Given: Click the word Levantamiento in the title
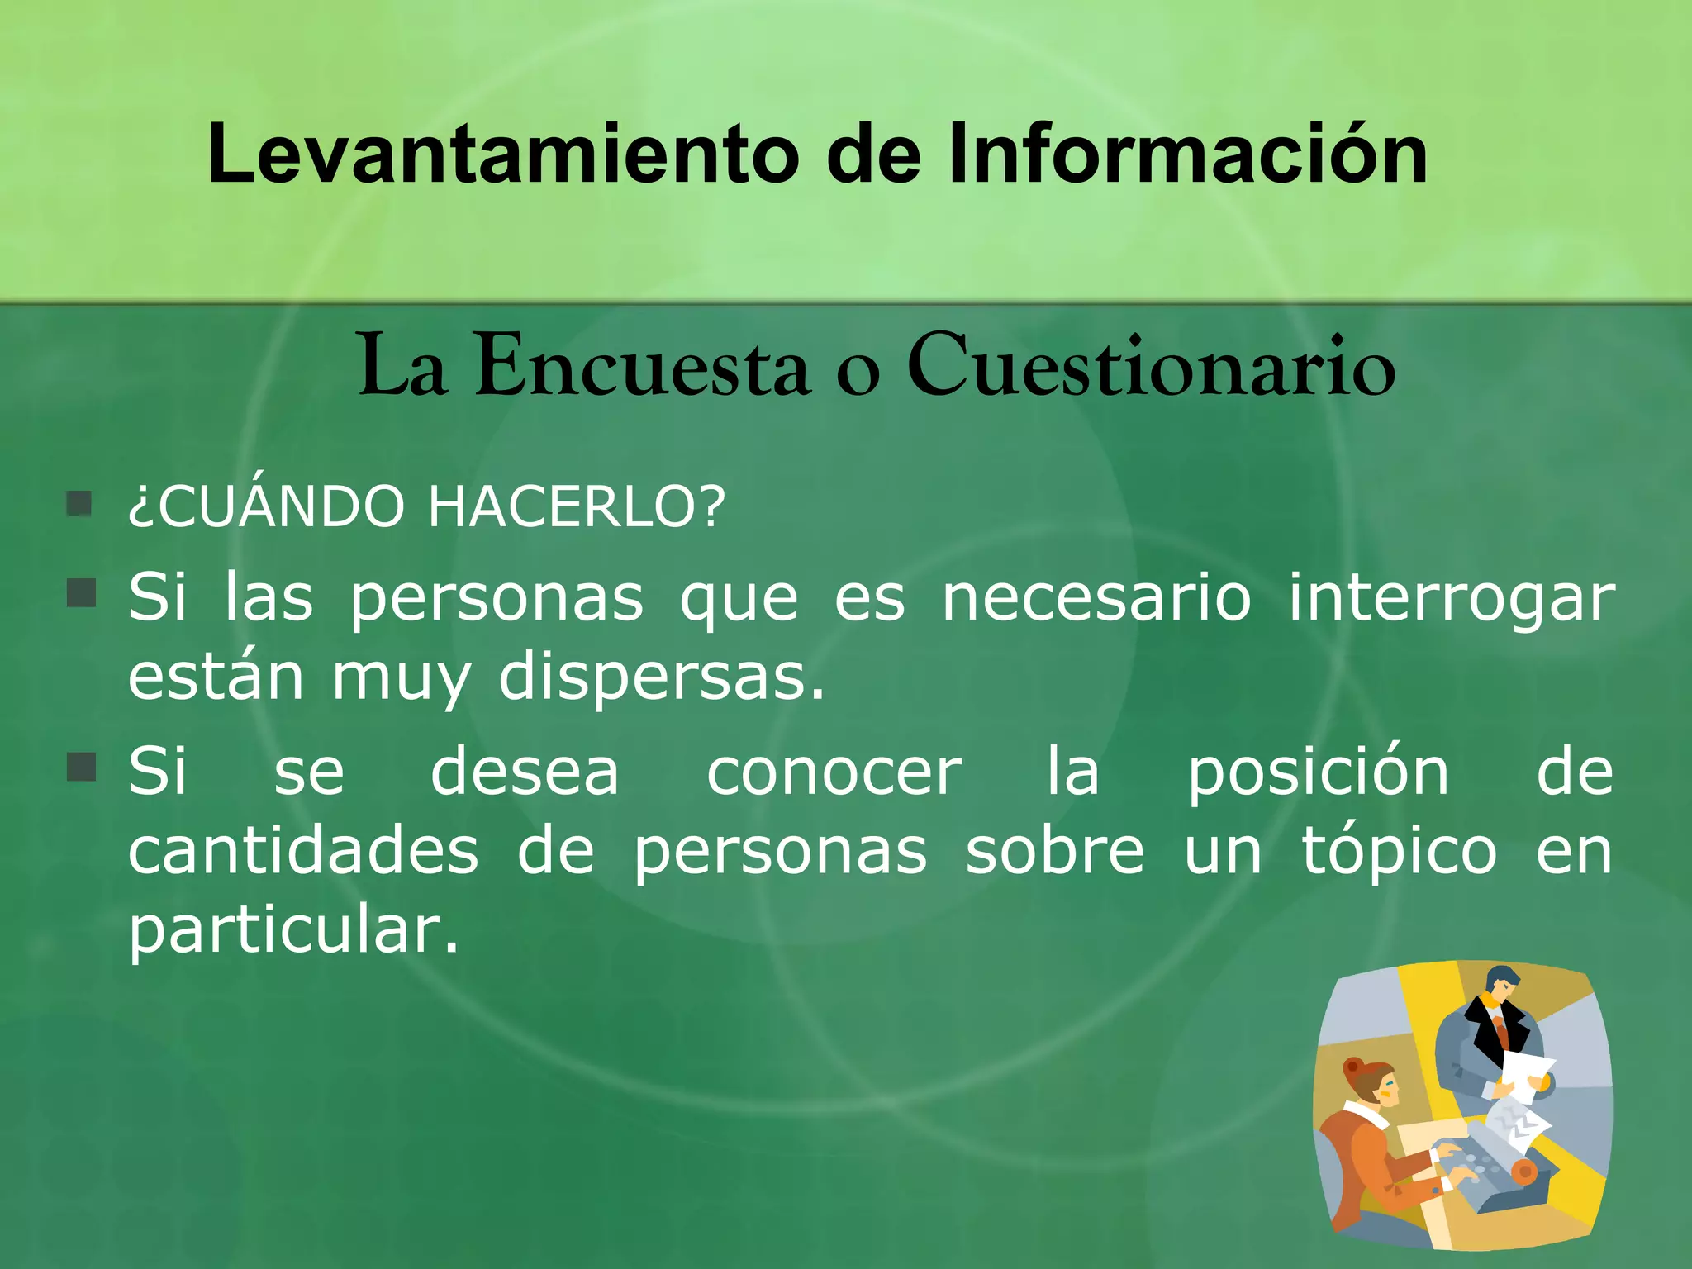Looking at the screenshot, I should click(x=502, y=154).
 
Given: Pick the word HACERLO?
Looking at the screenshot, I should click(x=577, y=506).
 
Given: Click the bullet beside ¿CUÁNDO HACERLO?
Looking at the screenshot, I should click(x=79, y=503).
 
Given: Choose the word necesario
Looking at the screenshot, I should click(x=1096, y=597).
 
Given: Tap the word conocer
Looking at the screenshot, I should click(x=834, y=773).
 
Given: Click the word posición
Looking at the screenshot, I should click(x=1319, y=773).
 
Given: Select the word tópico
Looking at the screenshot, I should click(x=1399, y=853).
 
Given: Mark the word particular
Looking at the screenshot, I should click(x=292, y=932).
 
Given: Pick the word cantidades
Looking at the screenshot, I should click(x=303, y=852).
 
